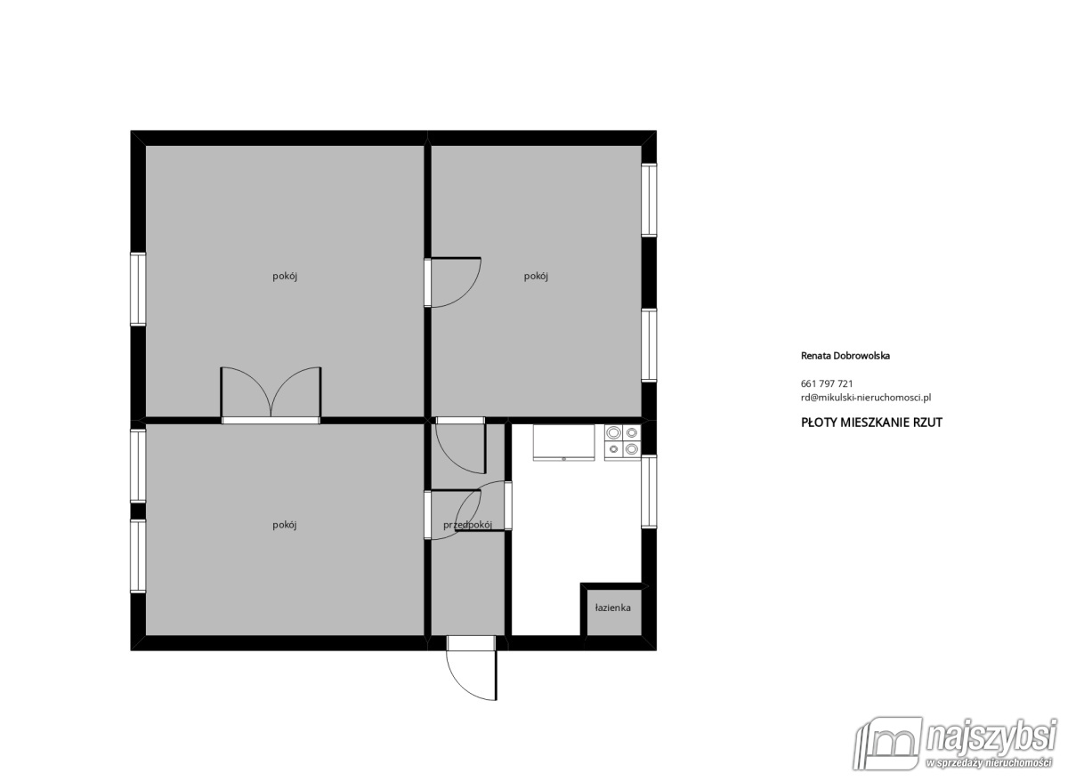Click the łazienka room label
(x=612, y=608)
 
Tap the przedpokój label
(x=467, y=525)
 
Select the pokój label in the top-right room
(x=536, y=276)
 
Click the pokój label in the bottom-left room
(x=284, y=525)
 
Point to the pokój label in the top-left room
(x=284, y=276)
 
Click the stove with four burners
(x=622, y=441)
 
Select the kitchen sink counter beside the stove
(x=563, y=442)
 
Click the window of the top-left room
(x=138, y=289)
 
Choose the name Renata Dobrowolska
(x=845, y=355)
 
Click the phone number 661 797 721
(x=827, y=383)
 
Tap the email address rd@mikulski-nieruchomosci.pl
(x=866, y=398)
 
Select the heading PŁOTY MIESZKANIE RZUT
(x=871, y=423)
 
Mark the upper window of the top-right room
(x=649, y=200)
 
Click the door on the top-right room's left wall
(x=452, y=282)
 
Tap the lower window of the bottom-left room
(x=138, y=556)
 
